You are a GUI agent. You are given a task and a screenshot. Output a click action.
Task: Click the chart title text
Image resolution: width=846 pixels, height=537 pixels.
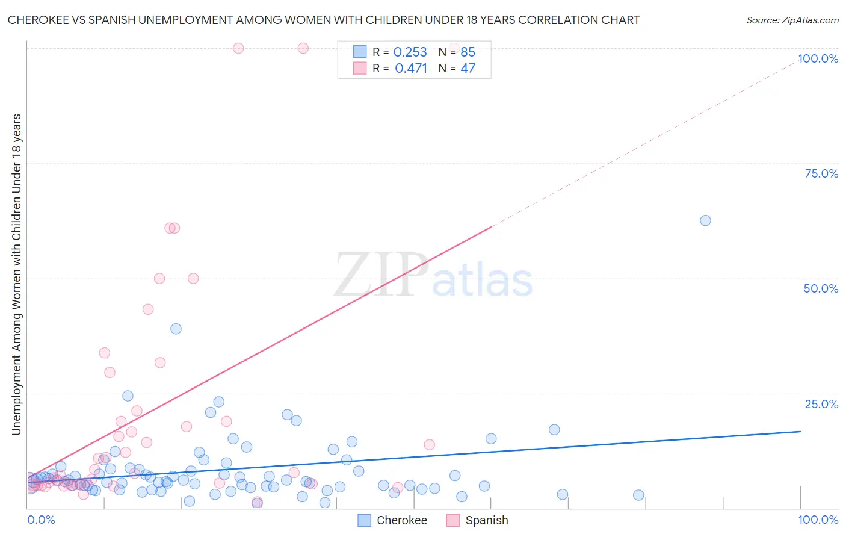(x=323, y=20)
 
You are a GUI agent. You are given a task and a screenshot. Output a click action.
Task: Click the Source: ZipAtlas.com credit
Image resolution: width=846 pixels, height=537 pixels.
(x=792, y=20)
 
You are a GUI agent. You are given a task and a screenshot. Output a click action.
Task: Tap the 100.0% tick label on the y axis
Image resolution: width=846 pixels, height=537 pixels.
(x=818, y=58)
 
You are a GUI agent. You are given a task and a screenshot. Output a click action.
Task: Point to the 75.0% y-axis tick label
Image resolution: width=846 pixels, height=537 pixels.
(x=821, y=173)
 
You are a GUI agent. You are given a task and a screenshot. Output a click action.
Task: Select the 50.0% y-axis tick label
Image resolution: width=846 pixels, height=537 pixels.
(x=821, y=288)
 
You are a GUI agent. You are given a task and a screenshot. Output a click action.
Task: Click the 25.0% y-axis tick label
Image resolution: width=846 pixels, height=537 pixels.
(x=821, y=403)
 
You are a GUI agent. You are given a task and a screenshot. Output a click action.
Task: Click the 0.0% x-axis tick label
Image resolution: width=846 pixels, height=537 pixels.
(x=41, y=520)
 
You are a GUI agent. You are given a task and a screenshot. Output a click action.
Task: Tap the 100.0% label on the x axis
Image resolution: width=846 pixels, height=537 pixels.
(x=818, y=520)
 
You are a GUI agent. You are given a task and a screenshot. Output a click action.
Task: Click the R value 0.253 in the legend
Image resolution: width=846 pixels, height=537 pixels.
(x=410, y=52)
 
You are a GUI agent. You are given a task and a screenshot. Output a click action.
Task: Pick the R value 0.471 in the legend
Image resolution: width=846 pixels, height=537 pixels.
(x=410, y=68)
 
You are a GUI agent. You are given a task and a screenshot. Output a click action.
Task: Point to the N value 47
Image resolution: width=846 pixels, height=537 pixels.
(x=468, y=68)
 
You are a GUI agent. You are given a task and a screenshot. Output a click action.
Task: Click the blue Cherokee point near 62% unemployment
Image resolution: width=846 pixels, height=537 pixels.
(x=705, y=220)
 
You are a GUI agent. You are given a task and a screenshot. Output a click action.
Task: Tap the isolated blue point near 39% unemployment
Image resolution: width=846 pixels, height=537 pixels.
(x=176, y=329)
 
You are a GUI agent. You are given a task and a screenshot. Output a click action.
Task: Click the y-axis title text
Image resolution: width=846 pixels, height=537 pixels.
(x=16, y=274)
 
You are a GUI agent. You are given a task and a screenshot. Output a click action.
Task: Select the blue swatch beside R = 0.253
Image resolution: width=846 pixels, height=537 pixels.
(x=359, y=52)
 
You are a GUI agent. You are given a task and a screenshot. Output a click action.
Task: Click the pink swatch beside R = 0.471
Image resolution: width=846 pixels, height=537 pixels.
(x=359, y=68)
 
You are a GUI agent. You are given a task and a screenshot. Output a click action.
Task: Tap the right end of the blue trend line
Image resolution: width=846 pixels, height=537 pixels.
(x=800, y=432)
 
